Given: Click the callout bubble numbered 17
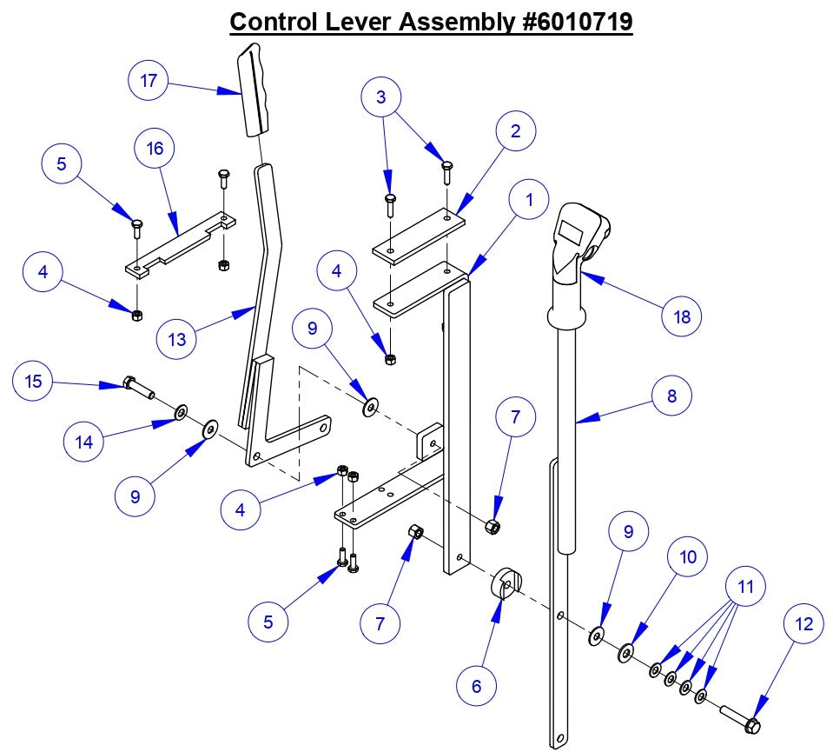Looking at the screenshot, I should (x=149, y=82).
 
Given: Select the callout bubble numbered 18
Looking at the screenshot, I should (x=681, y=316).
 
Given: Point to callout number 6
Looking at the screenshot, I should (x=476, y=685).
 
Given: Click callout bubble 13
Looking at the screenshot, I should (x=176, y=339).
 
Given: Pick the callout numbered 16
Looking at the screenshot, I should (x=155, y=149).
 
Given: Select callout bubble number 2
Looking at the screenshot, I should (x=516, y=131).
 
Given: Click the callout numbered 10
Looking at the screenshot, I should (x=688, y=557).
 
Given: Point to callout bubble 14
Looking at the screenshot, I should (x=84, y=443).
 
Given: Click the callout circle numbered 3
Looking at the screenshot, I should (x=381, y=97).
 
